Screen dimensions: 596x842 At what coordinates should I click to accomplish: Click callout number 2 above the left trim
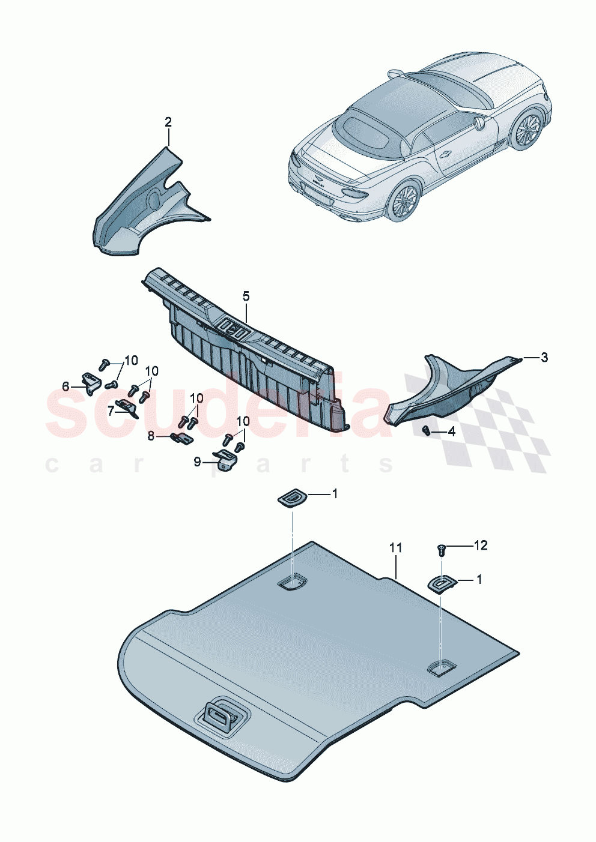168,122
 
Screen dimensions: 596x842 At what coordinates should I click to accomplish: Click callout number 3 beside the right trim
544,358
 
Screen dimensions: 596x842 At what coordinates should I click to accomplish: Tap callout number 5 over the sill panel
246,296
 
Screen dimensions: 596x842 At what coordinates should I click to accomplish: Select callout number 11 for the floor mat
395,548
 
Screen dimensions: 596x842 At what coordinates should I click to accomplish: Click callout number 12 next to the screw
480,545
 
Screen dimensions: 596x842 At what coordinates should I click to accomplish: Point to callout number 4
451,432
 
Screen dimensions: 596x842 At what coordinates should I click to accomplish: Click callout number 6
66,386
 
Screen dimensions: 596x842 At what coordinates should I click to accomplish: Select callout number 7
111,411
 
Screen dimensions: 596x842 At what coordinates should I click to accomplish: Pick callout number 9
197,462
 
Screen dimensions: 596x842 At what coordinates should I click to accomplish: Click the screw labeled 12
440,547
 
